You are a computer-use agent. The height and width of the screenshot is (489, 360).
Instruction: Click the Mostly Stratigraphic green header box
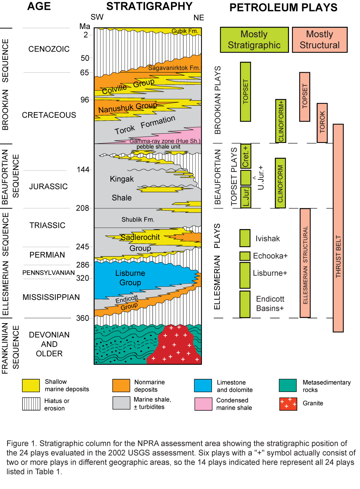[254, 39]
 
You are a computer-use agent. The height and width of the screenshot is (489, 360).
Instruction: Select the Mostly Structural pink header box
[319, 39]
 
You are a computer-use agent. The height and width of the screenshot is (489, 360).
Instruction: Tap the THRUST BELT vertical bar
[338, 228]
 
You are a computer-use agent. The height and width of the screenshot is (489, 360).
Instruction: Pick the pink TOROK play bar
[322, 123]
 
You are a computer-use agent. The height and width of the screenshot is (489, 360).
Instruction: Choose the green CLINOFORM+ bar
[281, 121]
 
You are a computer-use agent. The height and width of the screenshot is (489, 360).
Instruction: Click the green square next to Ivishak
[245, 238]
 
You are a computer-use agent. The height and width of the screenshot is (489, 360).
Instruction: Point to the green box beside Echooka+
[245, 256]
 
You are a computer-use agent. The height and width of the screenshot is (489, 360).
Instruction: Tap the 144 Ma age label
[83, 170]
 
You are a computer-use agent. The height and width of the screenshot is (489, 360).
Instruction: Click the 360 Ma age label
[83, 318]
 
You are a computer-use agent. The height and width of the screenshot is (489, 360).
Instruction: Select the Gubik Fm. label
[185, 31]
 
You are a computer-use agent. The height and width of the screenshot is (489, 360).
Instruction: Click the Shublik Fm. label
[138, 219]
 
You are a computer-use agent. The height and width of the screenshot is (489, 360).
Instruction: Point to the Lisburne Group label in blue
[130, 278]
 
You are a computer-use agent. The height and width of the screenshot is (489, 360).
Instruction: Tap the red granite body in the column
[174, 346]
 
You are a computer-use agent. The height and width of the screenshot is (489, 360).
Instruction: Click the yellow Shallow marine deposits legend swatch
[31, 386]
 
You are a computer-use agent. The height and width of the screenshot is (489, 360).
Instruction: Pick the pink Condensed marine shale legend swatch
[203, 404]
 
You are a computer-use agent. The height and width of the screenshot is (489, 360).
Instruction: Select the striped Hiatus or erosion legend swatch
[31, 404]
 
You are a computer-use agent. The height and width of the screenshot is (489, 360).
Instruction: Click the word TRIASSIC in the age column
[47, 225]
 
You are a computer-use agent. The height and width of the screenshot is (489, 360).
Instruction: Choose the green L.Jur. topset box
[245, 197]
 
